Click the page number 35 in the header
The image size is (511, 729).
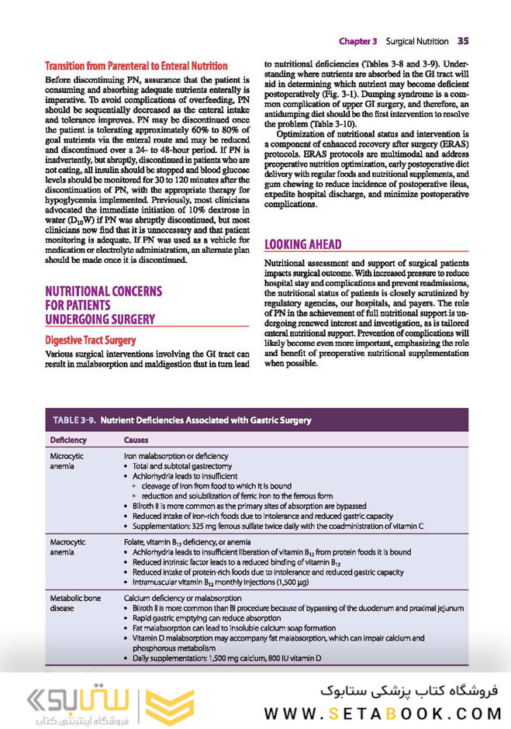(x=463, y=40)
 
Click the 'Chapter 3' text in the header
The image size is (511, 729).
(x=357, y=40)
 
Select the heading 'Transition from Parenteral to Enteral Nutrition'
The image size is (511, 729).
(x=136, y=66)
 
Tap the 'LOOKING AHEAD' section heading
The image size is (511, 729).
(x=303, y=245)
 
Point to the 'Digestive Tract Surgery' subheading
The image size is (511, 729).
(x=90, y=340)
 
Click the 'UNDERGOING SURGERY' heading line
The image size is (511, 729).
(x=99, y=319)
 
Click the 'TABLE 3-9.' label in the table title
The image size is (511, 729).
(x=74, y=420)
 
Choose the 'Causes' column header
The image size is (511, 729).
(x=136, y=440)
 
